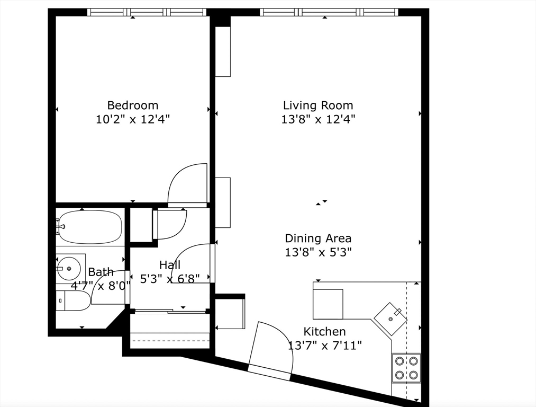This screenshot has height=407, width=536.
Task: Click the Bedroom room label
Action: tap(132, 105)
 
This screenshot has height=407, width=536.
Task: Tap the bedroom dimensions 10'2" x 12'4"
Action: tap(132, 119)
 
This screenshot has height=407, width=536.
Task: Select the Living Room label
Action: tap(317, 105)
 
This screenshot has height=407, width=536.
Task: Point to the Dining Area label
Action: tap(317, 238)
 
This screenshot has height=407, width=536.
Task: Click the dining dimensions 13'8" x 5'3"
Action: tap(317, 252)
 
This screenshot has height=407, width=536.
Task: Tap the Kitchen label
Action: tap(324, 332)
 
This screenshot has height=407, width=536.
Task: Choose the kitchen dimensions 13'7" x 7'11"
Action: tap(324, 346)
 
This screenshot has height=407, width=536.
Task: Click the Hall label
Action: tap(169, 265)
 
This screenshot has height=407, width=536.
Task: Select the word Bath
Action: tap(101, 272)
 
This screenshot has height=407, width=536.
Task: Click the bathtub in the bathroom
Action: tap(90, 227)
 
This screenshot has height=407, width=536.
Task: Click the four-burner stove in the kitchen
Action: tap(406, 368)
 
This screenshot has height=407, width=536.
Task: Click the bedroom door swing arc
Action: tap(187, 184)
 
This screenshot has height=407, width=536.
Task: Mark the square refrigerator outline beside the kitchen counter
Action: tap(328, 304)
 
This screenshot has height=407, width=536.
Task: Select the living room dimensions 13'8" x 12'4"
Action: tap(317, 119)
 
